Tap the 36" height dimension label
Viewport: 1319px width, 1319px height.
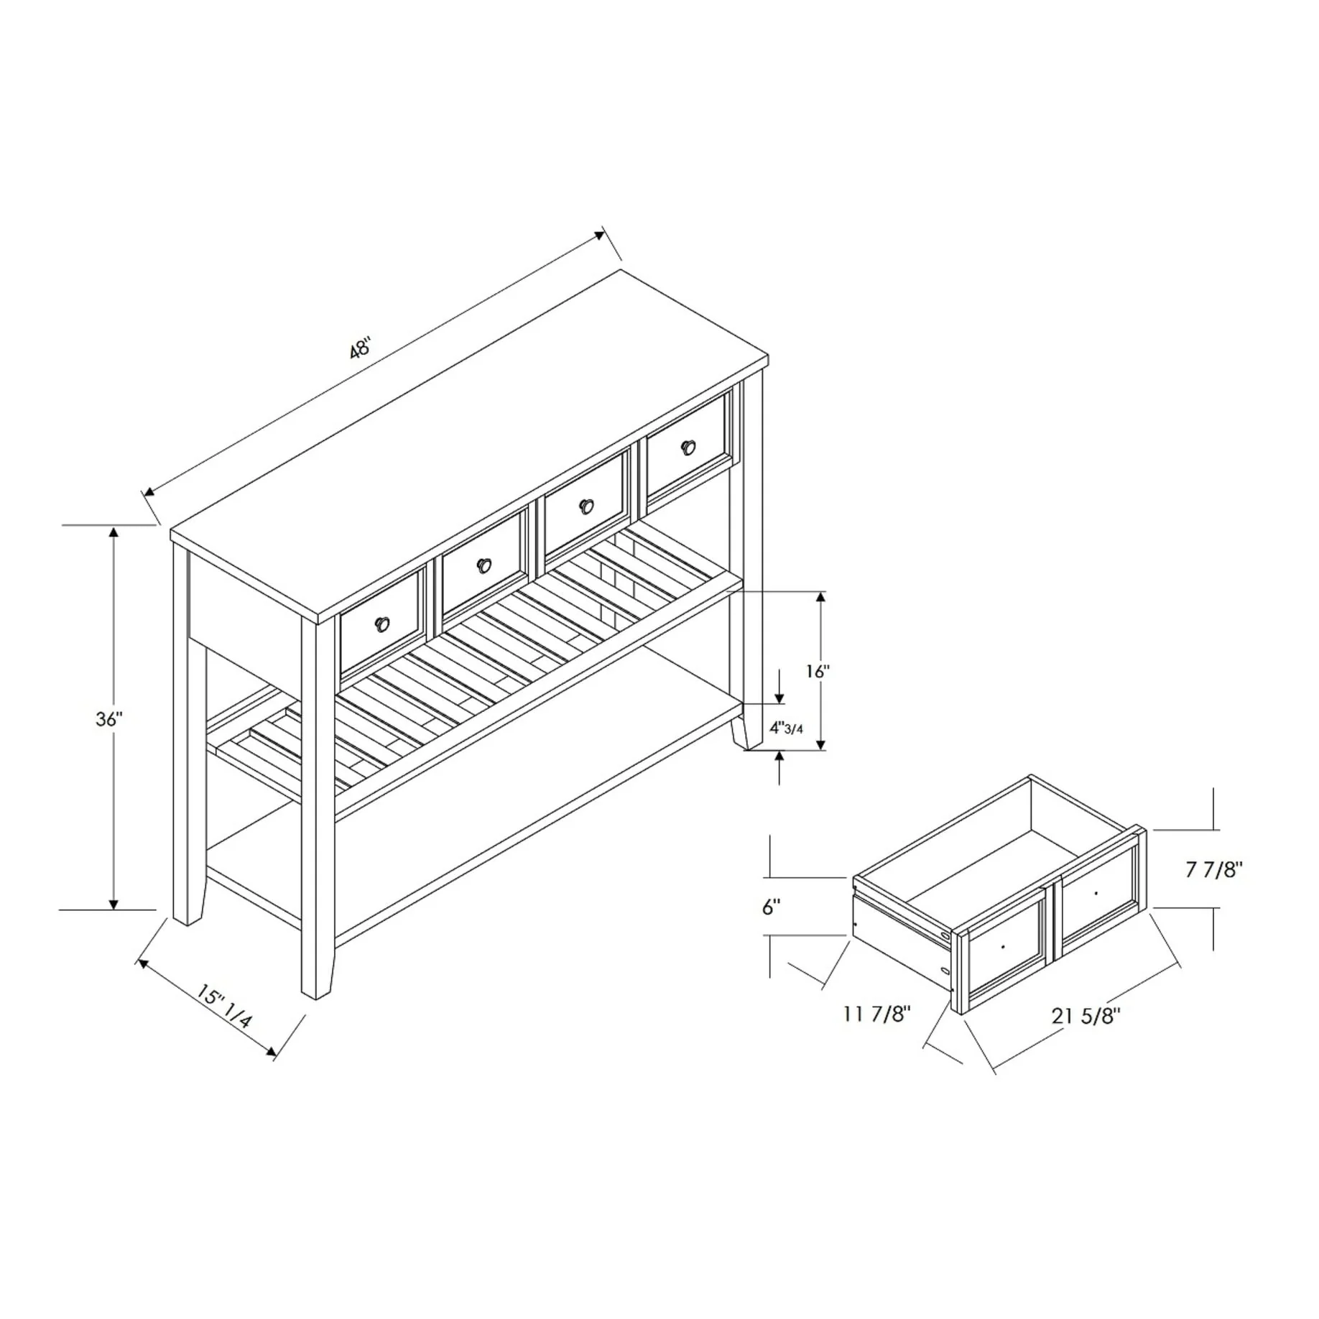(x=110, y=719)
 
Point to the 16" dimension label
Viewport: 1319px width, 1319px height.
(x=818, y=672)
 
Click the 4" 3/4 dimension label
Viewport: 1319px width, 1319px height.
(x=786, y=728)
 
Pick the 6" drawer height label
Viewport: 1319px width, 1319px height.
(x=771, y=907)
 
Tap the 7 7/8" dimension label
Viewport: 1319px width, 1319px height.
(x=1213, y=870)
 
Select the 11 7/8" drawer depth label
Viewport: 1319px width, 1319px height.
(x=876, y=1014)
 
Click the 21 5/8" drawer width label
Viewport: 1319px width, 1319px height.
(x=1086, y=1016)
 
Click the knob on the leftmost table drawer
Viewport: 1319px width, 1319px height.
(x=382, y=624)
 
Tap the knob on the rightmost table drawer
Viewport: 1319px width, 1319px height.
(x=689, y=447)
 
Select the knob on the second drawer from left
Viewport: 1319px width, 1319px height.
(x=485, y=565)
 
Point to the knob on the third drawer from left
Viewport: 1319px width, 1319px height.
(x=588, y=506)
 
